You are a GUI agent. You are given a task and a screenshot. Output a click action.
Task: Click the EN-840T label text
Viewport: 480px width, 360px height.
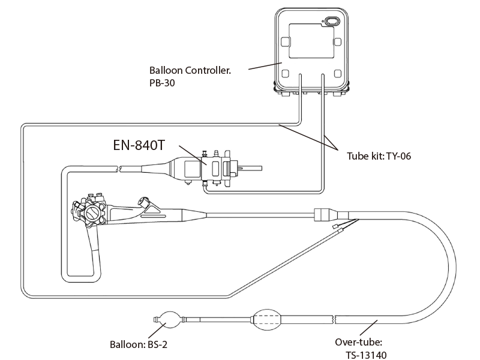139,145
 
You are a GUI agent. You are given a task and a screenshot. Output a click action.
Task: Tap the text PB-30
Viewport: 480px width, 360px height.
162,83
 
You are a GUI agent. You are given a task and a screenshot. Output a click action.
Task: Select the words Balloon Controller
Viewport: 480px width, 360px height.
190,70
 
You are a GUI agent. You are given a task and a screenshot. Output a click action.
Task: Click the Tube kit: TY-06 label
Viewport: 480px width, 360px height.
379,156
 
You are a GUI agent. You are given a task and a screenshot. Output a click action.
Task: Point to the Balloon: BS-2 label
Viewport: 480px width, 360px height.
139,344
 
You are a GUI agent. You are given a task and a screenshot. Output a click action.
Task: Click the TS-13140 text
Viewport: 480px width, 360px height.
366,355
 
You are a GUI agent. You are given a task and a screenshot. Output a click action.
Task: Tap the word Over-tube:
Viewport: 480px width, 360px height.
358,342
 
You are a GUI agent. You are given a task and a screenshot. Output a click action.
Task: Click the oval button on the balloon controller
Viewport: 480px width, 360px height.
332,22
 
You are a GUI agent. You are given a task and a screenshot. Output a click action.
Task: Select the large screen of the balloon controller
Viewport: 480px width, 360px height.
311,41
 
